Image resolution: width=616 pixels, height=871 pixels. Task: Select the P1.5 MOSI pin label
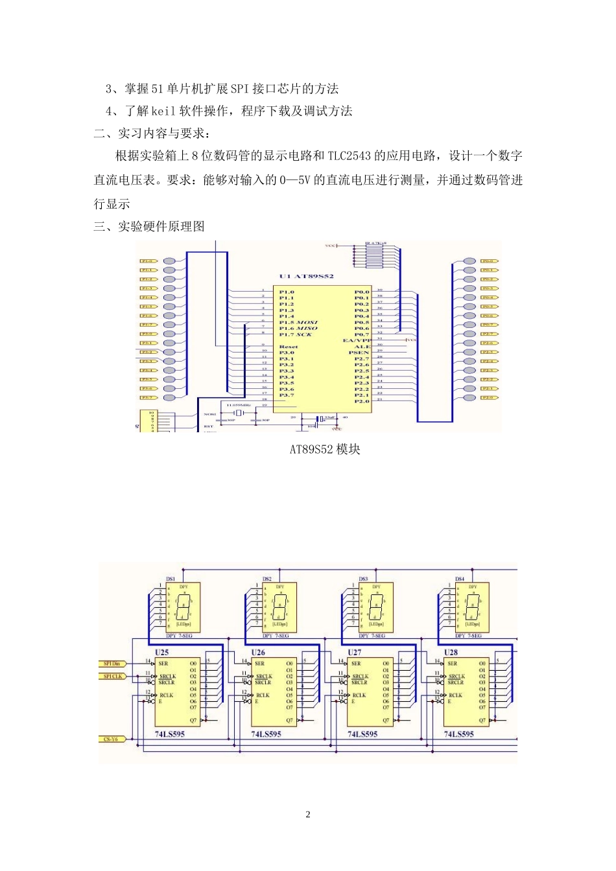298,322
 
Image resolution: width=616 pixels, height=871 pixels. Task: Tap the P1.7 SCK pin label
296,334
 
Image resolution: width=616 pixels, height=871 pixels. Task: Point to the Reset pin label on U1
289,347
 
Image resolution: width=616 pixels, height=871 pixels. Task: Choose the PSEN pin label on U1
359,353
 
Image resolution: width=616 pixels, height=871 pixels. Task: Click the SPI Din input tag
112,664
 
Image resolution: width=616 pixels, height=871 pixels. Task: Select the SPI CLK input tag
112,677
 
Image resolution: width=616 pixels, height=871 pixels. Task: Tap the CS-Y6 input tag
111,739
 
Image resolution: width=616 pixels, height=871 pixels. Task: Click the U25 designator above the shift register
162,652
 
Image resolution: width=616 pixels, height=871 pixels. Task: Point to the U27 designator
355,652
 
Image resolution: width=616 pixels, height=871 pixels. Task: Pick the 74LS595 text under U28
459,734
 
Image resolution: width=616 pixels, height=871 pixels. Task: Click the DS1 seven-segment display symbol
184,607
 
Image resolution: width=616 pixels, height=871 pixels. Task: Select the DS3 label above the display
363,579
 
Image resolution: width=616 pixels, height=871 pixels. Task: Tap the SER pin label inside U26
259,664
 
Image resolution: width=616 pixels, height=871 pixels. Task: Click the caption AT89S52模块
325,449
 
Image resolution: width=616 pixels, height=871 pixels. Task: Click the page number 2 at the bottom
308,815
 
